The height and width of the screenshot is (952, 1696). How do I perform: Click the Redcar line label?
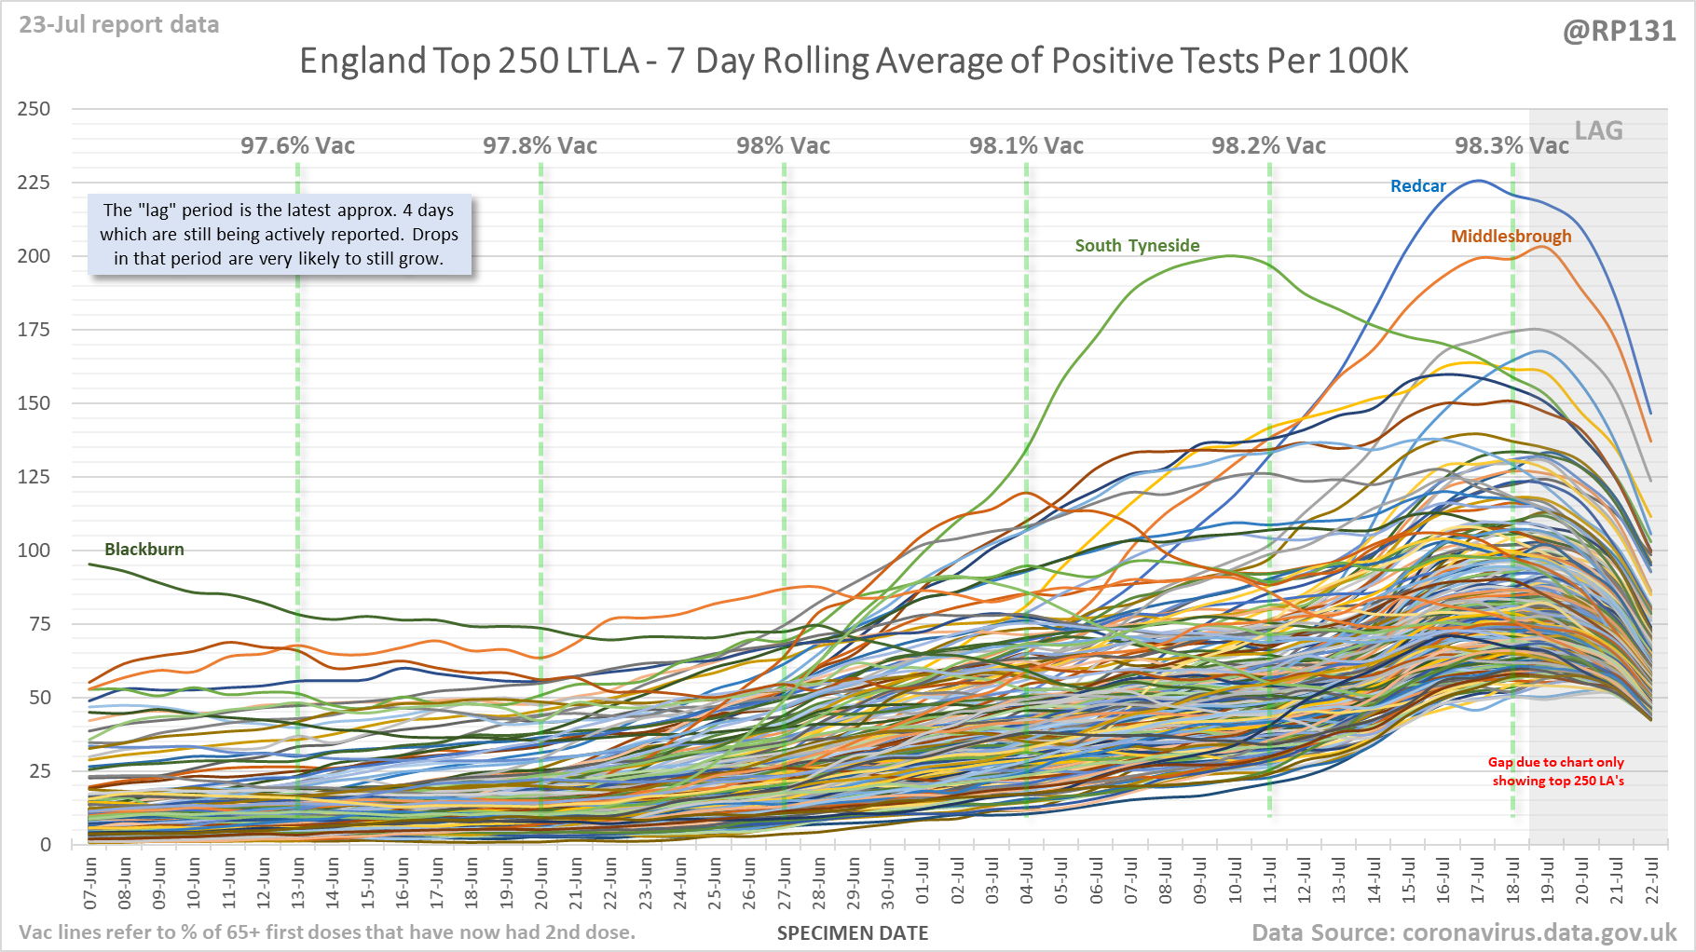pyautogui.click(x=1417, y=186)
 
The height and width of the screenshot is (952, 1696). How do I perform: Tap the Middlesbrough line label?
pyautogui.click(x=1511, y=237)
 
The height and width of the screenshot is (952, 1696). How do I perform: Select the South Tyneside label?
pyautogui.click(x=1137, y=246)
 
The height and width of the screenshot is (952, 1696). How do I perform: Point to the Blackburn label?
pyautogui.click(x=144, y=550)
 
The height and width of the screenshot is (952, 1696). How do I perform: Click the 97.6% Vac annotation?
pyautogui.click(x=297, y=146)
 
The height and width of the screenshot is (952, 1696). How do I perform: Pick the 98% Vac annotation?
pyautogui.click(x=783, y=146)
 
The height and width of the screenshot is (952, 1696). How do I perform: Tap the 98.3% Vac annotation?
pyautogui.click(x=1511, y=146)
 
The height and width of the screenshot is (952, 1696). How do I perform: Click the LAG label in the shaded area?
pyautogui.click(x=1598, y=131)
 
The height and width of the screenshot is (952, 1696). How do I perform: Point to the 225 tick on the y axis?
pyautogui.click(x=34, y=183)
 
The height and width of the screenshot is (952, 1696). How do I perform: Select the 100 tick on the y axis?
pyautogui.click(x=34, y=551)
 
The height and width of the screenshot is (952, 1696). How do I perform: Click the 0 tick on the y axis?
pyautogui.click(x=45, y=845)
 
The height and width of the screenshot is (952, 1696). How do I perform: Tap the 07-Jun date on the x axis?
pyautogui.click(x=90, y=884)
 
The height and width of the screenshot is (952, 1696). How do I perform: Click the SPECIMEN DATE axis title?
pyautogui.click(x=853, y=933)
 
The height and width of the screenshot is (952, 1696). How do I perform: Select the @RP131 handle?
pyautogui.click(x=1619, y=32)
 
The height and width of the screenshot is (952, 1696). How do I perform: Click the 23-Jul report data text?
pyautogui.click(x=119, y=25)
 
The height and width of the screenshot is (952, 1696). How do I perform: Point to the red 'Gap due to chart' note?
pyautogui.click(x=1557, y=771)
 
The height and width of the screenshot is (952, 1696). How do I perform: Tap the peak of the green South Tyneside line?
pyautogui.click(x=1230, y=256)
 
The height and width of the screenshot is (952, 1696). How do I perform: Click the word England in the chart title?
pyautogui.click(x=362, y=61)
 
